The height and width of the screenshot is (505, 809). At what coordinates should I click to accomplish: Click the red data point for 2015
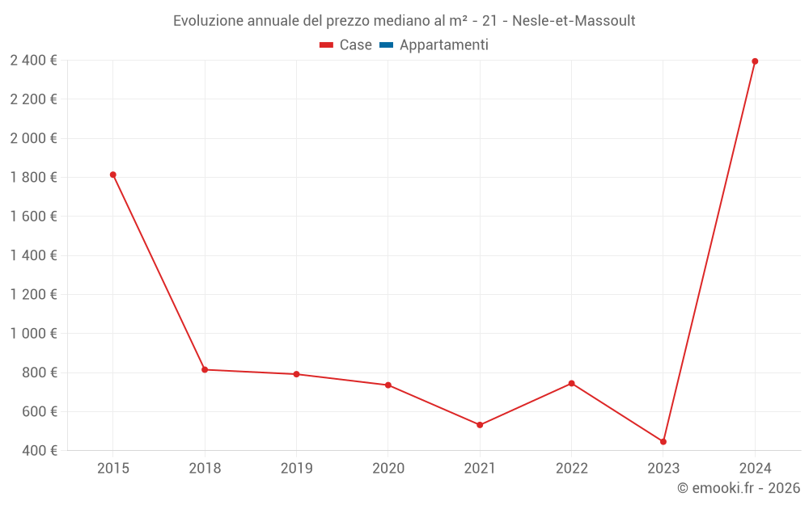click(x=112, y=175)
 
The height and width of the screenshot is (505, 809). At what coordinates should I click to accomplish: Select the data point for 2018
click(x=205, y=369)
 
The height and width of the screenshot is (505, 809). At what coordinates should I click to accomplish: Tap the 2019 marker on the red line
click(x=296, y=374)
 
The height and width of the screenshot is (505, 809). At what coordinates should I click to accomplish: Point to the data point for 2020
click(x=388, y=385)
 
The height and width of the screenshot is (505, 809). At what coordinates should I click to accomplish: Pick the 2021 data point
click(x=480, y=425)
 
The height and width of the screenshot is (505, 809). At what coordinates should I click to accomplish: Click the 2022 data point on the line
click(x=571, y=383)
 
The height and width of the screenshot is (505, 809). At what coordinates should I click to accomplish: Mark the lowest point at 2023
click(x=663, y=442)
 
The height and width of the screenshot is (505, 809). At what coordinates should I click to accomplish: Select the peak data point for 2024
click(x=755, y=61)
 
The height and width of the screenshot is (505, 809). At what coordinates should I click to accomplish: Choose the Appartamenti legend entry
click(x=443, y=45)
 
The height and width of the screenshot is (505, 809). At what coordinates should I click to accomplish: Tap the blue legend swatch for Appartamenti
click(x=386, y=45)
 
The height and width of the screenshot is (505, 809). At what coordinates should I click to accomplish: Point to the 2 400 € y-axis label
click(x=33, y=60)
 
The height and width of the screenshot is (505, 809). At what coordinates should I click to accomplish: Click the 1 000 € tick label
click(x=33, y=333)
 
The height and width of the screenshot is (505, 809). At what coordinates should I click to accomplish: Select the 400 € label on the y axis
click(x=39, y=450)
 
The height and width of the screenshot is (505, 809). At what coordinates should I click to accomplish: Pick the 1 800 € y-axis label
click(x=33, y=177)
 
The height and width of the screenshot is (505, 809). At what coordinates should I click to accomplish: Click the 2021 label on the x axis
click(x=480, y=469)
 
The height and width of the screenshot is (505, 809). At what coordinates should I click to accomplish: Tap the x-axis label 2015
click(x=112, y=469)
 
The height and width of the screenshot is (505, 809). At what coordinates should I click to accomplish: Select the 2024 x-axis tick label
click(x=755, y=469)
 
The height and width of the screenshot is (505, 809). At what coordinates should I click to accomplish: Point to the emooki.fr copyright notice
click(x=739, y=488)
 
